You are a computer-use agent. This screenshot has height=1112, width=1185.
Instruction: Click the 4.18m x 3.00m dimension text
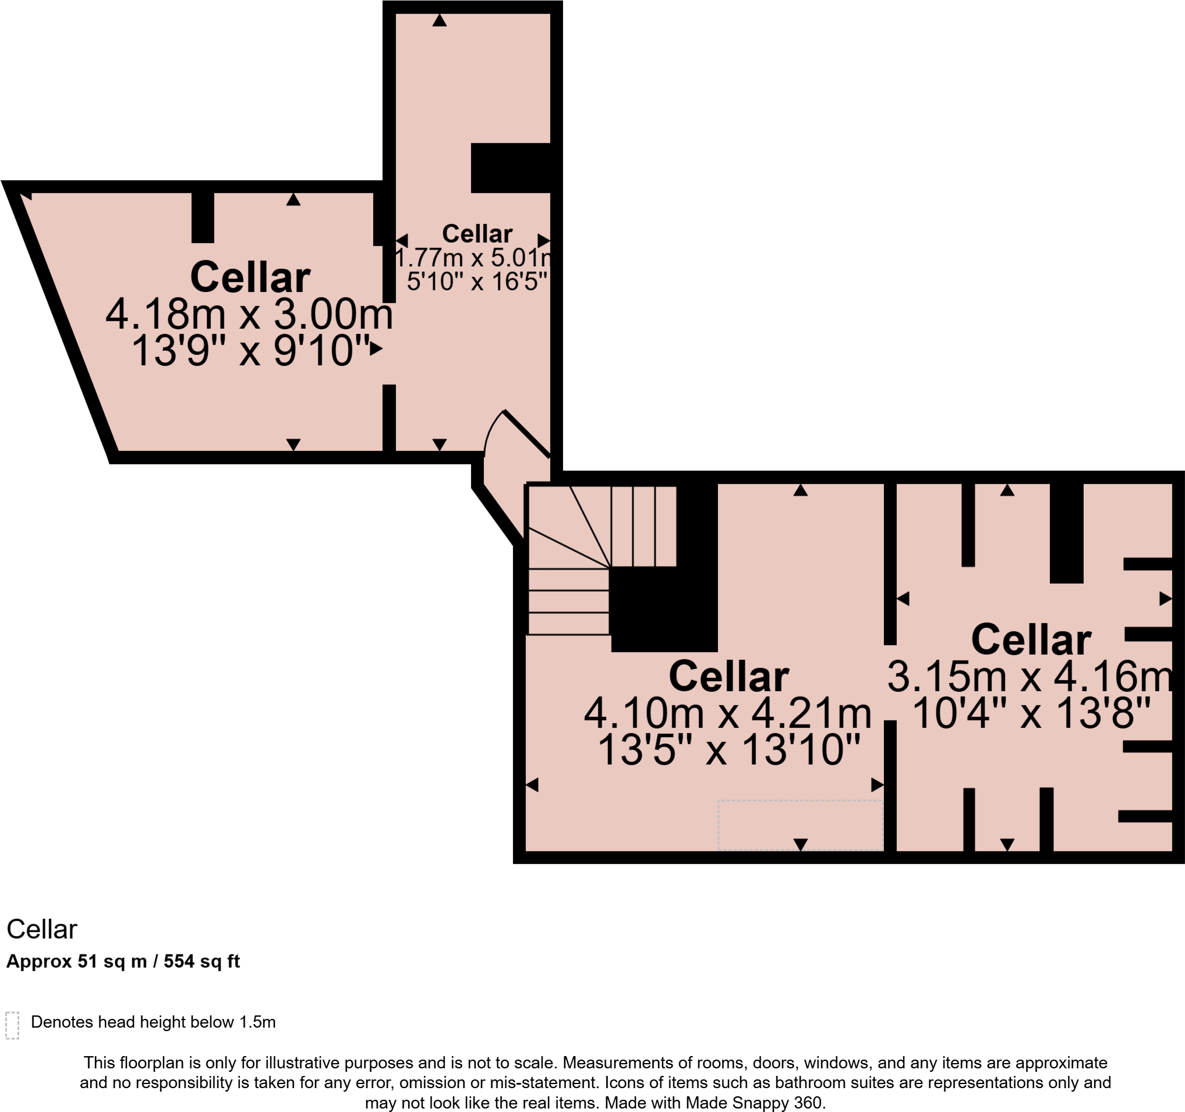point(249,314)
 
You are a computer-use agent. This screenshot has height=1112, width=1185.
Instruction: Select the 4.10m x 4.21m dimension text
point(727,713)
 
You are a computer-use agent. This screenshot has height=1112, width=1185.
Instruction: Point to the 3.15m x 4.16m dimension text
point(1030,677)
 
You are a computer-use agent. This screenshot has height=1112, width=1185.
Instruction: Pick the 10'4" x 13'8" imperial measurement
point(1031,713)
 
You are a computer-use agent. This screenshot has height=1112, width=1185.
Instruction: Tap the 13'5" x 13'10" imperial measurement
point(728,749)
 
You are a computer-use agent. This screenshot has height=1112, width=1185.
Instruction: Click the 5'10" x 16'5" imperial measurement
point(477,281)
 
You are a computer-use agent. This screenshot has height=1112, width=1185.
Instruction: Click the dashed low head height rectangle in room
point(800,825)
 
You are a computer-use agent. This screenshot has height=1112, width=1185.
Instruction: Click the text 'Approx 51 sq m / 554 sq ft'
point(123,961)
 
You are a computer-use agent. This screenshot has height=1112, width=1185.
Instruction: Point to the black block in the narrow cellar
point(510,168)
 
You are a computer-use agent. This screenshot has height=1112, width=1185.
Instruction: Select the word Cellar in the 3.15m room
point(1031,640)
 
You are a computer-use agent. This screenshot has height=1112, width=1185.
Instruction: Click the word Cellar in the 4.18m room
point(250,278)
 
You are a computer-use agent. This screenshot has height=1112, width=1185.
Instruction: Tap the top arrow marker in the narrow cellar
point(439,21)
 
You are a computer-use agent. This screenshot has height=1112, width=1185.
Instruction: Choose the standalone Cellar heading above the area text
point(42,929)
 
